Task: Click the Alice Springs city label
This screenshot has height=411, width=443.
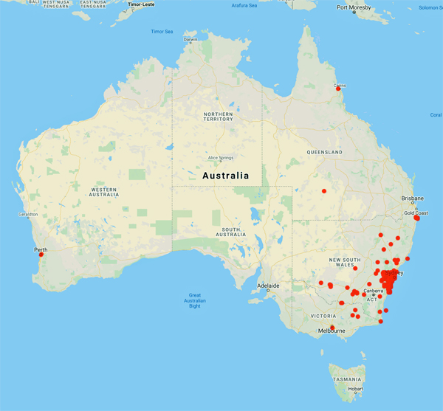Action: [x=221, y=158]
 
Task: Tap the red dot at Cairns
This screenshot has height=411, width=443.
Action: [x=339, y=89]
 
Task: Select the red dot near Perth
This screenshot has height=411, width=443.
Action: [x=41, y=255]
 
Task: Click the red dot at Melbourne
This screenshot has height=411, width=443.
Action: [x=332, y=327]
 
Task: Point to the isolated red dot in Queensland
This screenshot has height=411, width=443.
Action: [x=324, y=191]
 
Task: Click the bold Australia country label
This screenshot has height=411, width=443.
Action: [x=225, y=176]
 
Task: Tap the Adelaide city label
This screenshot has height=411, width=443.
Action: [x=268, y=285]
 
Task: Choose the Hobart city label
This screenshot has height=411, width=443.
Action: [x=357, y=389]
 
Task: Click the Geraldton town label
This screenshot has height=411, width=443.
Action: [x=18, y=215]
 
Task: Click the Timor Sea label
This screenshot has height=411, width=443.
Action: [x=161, y=32]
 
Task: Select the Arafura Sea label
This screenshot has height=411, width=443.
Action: [x=244, y=6]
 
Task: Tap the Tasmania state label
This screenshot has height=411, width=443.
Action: [x=346, y=379]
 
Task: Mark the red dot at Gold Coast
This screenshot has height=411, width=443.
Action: [x=417, y=218]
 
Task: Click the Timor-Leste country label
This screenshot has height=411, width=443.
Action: [x=144, y=4]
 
